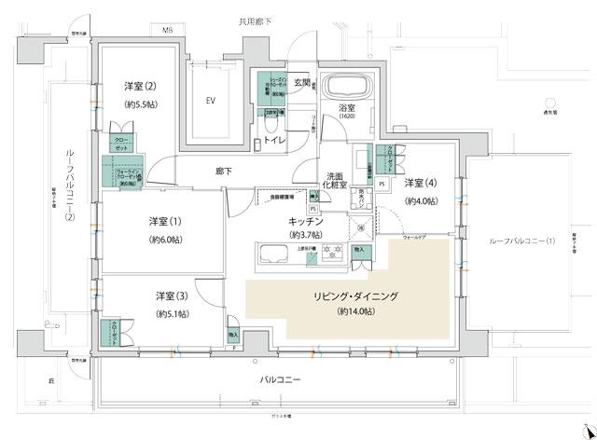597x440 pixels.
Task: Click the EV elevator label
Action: pos(211,100)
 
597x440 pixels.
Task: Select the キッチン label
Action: pos(305,221)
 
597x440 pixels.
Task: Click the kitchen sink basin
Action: pos(274,252)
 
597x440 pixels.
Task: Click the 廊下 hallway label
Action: pos(223,172)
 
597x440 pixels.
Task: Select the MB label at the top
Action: pos(168,31)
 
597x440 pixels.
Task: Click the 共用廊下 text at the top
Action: pos(254,20)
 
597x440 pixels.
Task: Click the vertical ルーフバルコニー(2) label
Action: pos(69,186)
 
